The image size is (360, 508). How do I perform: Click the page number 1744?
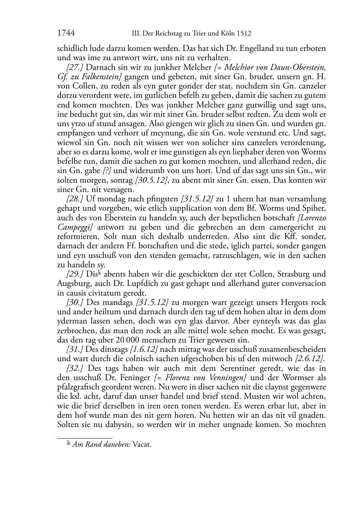point(66,33)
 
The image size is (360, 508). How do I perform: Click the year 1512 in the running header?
point(243,34)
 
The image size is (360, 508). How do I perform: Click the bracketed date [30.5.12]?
point(152,180)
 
